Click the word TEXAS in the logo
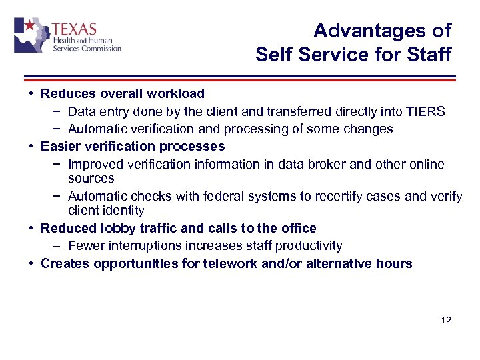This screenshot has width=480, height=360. (74, 30)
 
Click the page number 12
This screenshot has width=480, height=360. (446, 321)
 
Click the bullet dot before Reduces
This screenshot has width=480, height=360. (31, 94)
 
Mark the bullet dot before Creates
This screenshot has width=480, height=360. (31, 263)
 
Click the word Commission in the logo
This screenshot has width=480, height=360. (100, 49)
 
